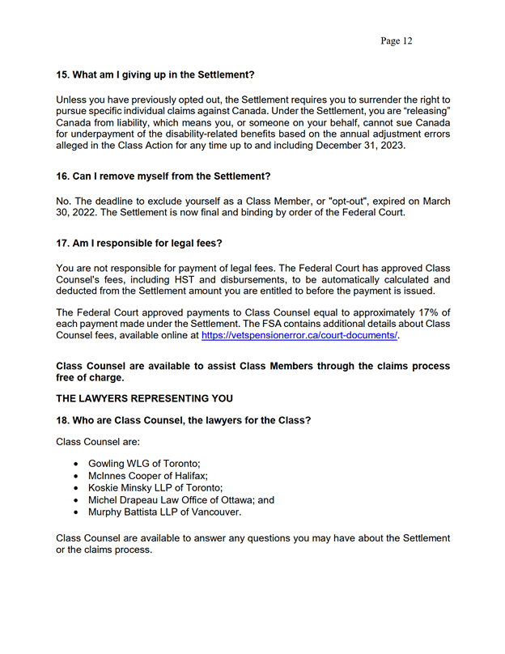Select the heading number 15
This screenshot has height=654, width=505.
coord(62,75)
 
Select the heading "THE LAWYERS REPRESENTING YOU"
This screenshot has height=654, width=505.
coord(144,398)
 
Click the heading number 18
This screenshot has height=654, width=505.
coord(62,420)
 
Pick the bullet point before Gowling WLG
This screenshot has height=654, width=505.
coord(76,464)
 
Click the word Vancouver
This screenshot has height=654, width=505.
coord(212,512)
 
